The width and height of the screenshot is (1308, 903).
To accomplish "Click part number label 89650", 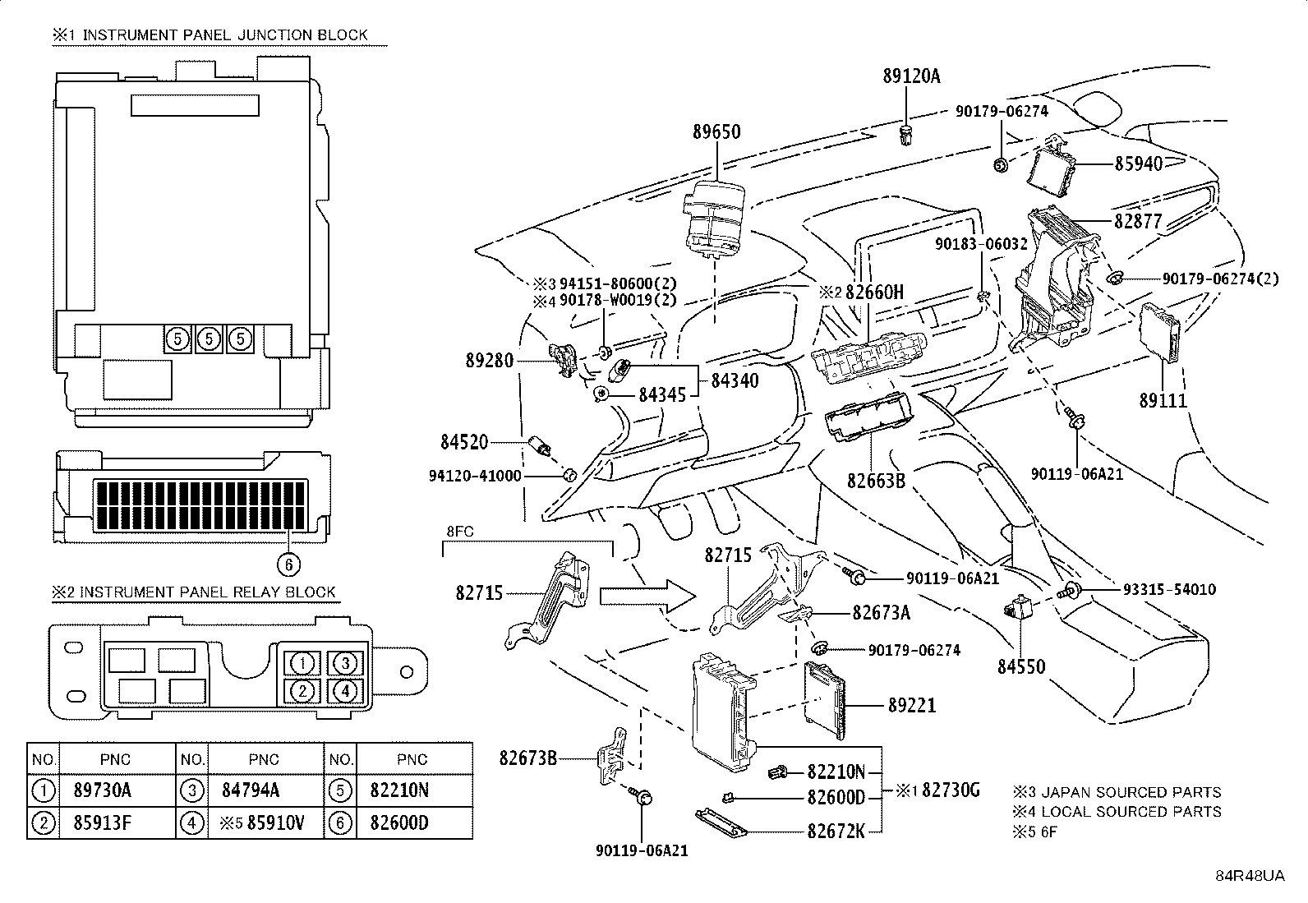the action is tap(716, 131).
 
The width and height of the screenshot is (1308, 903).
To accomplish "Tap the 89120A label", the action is tap(911, 76).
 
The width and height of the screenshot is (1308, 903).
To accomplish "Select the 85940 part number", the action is tap(1139, 164).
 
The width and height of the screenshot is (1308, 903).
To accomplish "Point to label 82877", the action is tap(1138, 221).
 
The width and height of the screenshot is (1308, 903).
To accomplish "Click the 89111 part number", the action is tap(1163, 401).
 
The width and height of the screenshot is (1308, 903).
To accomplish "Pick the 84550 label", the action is tap(1021, 666).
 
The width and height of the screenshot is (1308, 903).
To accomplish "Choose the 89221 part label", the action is tap(912, 706).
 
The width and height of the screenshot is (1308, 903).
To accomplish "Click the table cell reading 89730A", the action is tap(103, 790).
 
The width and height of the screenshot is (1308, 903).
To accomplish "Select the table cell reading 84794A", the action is tap(251, 790).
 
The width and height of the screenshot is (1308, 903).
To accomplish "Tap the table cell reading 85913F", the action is tap(103, 823).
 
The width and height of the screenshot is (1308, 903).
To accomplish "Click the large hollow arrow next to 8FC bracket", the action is tap(647, 597).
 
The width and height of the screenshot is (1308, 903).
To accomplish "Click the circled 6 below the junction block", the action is tap(288, 564).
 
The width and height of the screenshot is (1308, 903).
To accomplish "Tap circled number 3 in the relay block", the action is tap(345, 663).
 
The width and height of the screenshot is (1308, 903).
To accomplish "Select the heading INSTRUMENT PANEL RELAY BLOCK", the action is tap(207, 592).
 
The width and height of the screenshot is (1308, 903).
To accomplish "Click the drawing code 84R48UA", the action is tap(1250, 876).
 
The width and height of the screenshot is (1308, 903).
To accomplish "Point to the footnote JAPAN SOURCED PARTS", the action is tap(1131, 793).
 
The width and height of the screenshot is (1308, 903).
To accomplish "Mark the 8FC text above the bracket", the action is tap(460, 532).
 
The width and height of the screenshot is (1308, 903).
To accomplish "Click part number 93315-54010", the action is tap(1170, 589).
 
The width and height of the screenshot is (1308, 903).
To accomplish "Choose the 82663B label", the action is tap(877, 481).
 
